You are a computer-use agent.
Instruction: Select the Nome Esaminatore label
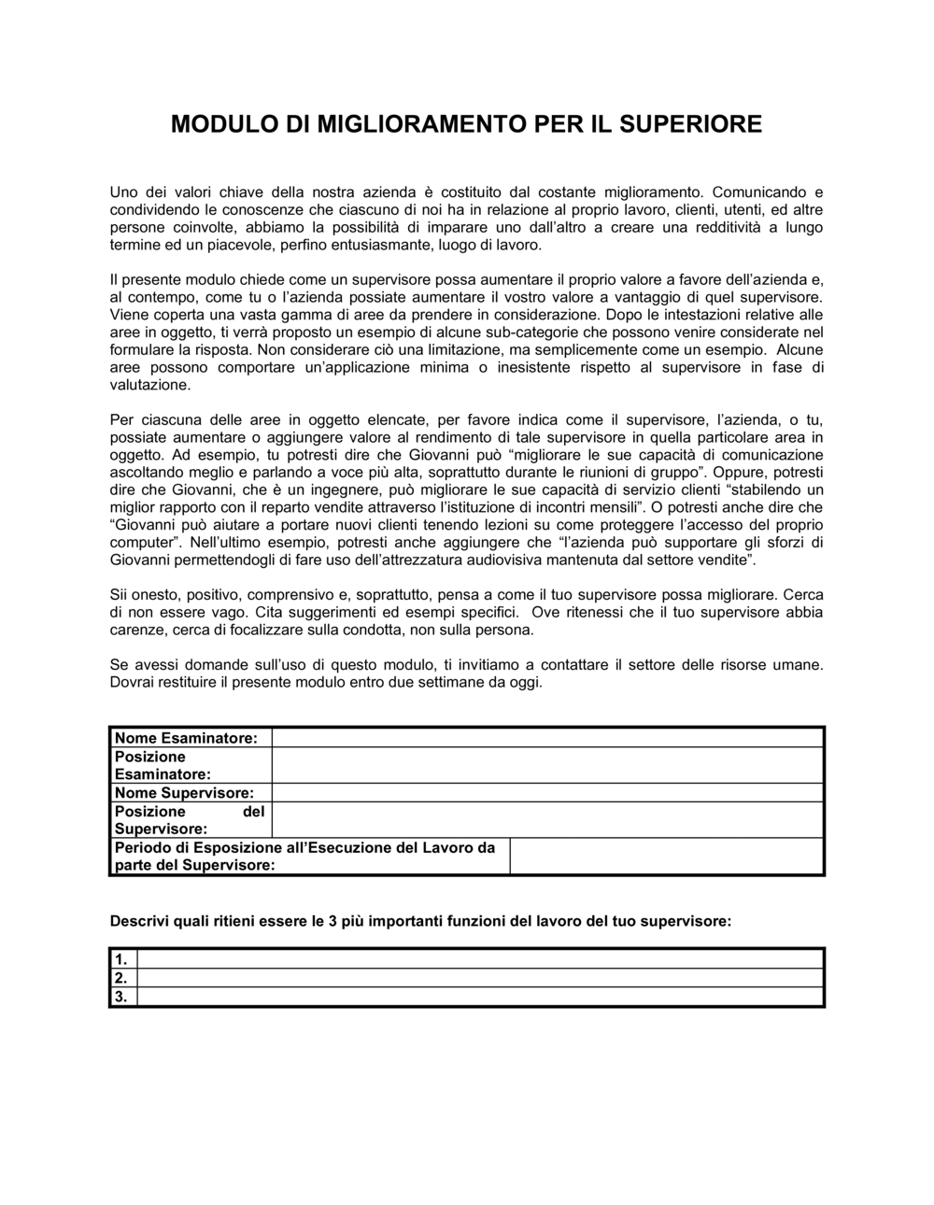coord(185,738)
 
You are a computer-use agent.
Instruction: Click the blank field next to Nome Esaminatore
coord(547,738)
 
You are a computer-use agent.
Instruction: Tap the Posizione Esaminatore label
coord(163,765)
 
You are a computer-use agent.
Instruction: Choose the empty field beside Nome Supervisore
coord(547,793)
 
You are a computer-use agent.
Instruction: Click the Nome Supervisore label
coord(184,793)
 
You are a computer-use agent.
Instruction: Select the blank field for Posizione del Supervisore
coord(547,820)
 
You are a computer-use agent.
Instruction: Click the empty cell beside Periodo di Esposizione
coord(666,856)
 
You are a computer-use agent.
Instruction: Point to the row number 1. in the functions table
coord(121,959)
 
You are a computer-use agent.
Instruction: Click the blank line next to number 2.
coord(480,978)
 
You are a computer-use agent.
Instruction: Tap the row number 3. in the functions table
coord(121,997)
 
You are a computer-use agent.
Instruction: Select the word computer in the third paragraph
coord(141,543)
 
